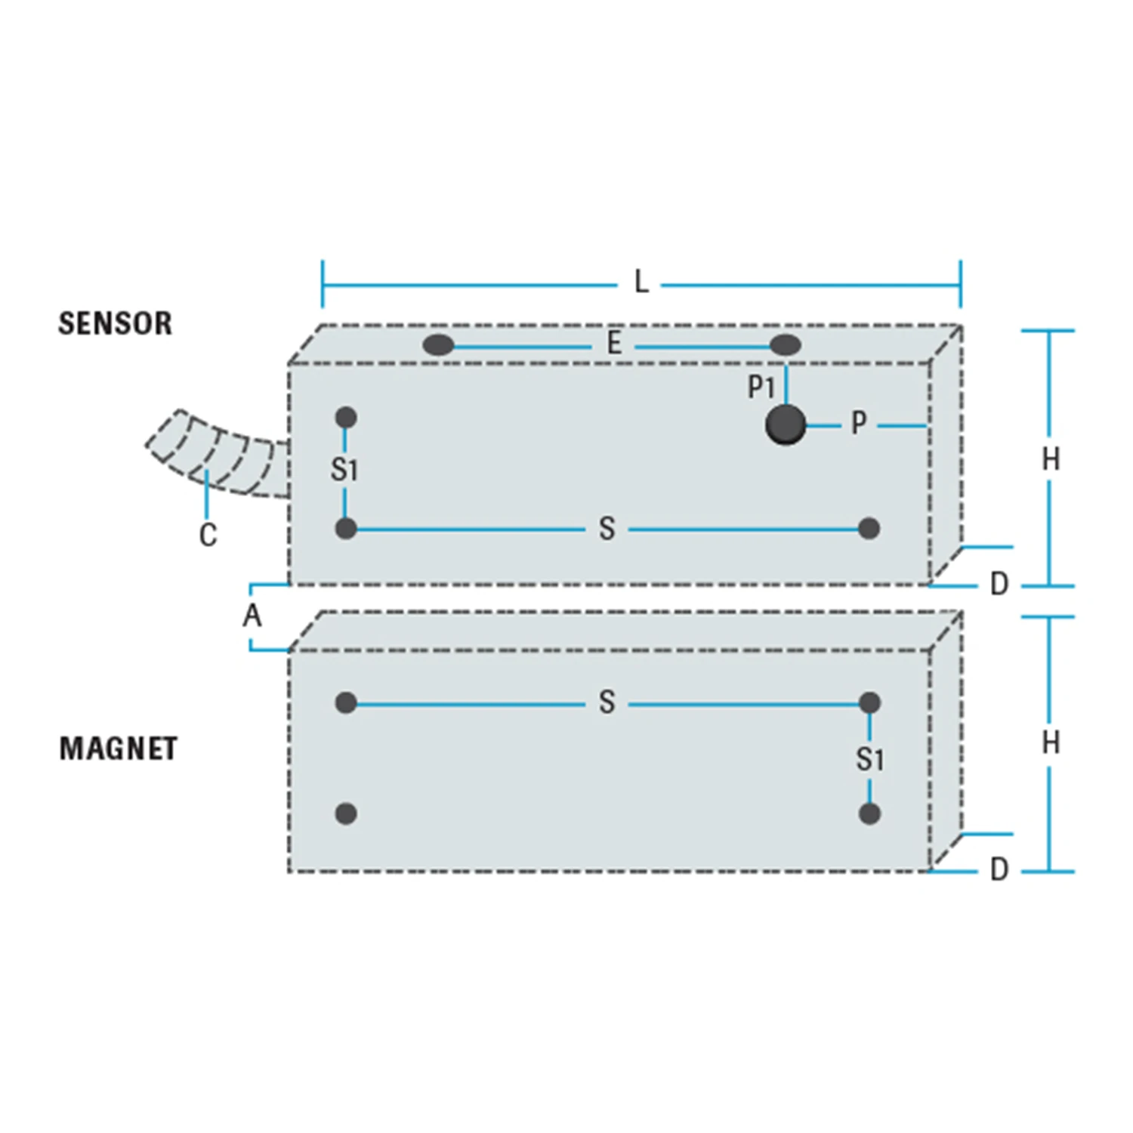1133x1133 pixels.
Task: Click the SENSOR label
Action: pyautogui.click(x=116, y=323)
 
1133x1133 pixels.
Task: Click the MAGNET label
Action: pyautogui.click(x=119, y=749)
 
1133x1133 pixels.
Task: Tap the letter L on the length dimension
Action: pyautogui.click(x=641, y=282)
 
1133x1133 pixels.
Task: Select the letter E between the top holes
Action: pyautogui.click(x=614, y=344)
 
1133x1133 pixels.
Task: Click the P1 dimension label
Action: pyautogui.click(x=761, y=387)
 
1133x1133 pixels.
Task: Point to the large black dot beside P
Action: pyautogui.click(x=786, y=424)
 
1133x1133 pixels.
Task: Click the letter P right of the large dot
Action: pyautogui.click(x=859, y=423)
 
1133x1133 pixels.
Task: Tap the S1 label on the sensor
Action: pyautogui.click(x=344, y=470)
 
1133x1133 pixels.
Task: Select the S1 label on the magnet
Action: pyautogui.click(x=869, y=759)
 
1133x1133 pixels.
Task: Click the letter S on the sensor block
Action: pyautogui.click(x=607, y=529)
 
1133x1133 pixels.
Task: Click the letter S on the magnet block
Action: pyautogui.click(x=607, y=702)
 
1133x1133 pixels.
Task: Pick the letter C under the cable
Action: pyautogui.click(x=208, y=535)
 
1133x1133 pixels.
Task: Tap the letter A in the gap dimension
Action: pyautogui.click(x=252, y=616)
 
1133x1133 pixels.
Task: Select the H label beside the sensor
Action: pyautogui.click(x=1051, y=459)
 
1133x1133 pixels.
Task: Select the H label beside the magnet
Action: pyautogui.click(x=1051, y=743)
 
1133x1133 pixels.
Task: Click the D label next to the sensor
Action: pyautogui.click(x=999, y=584)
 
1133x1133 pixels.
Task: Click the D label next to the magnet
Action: pyautogui.click(x=999, y=869)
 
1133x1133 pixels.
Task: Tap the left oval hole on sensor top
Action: pyautogui.click(x=438, y=346)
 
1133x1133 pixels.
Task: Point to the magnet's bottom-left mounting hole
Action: pyautogui.click(x=346, y=813)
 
